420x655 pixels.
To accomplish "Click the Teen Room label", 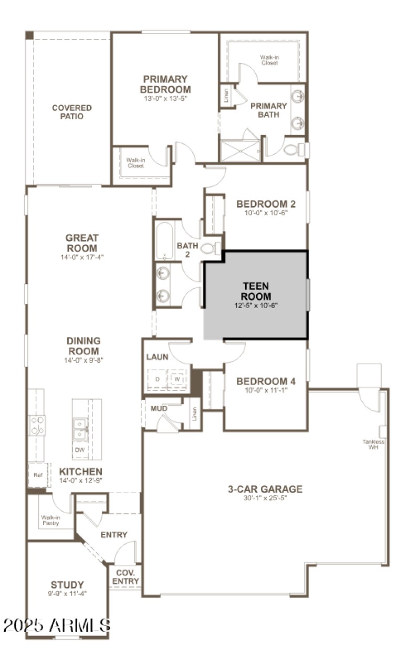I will (256, 291).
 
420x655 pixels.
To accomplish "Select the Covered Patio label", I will (72, 112).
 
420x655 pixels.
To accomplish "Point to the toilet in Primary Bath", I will (293, 150).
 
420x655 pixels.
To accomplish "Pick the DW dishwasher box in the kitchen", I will (80, 450).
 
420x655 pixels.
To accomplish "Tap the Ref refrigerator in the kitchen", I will (38, 475).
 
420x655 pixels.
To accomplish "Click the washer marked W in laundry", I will (177, 379).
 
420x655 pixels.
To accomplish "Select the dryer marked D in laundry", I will (156, 379).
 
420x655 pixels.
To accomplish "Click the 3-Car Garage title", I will (265, 489).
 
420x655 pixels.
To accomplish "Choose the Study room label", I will (67, 585).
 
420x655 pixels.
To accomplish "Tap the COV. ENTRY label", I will (126, 577).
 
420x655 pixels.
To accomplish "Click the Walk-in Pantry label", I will (51, 520).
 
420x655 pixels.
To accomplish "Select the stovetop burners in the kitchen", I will (37, 425).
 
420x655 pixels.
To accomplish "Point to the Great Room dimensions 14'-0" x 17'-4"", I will (82, 257).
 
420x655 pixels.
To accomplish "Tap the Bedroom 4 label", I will (266, 382).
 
